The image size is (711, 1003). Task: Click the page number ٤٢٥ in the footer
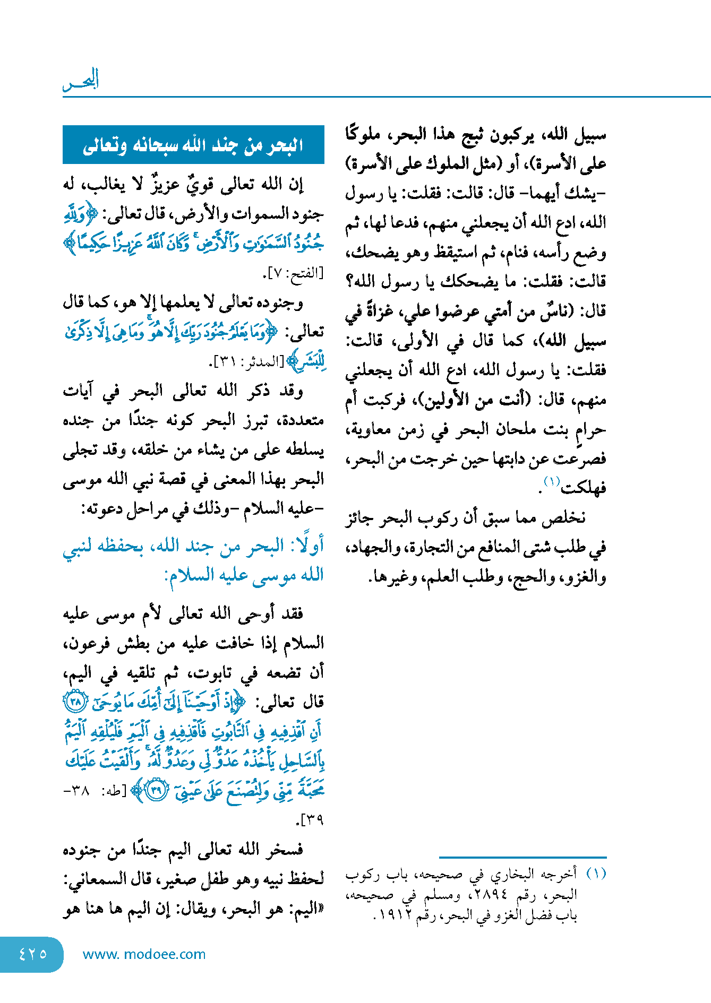click(32, 954)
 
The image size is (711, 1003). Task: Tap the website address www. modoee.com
click(144, 954)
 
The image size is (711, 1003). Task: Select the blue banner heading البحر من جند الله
click(193, 145)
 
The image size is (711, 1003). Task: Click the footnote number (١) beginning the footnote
click(596, 874)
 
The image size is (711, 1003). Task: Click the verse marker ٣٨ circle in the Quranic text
click(75, 703)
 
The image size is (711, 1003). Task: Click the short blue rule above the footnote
click(522, 857)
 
